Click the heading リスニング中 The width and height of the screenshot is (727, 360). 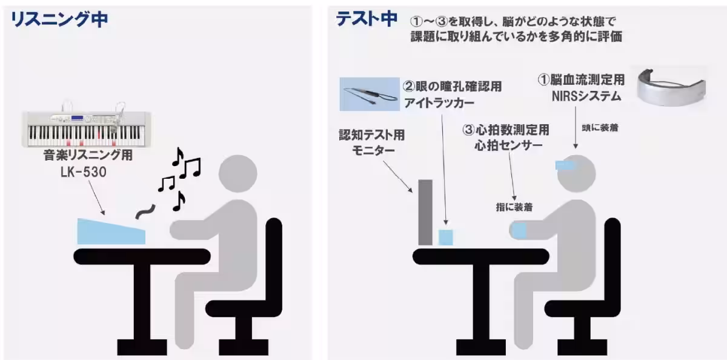tap(59, 19)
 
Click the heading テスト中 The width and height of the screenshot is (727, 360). tap(367, 19)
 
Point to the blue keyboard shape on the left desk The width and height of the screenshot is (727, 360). tap(111, 232)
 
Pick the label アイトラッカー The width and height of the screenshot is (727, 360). tap(439, 103)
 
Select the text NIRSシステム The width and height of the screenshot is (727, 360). tap(578, 96)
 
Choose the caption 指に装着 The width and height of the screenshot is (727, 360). tap(514, 207)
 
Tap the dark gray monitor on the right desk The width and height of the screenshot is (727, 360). tap(425, 213)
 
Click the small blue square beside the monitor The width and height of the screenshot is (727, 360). tap(446, 236)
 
